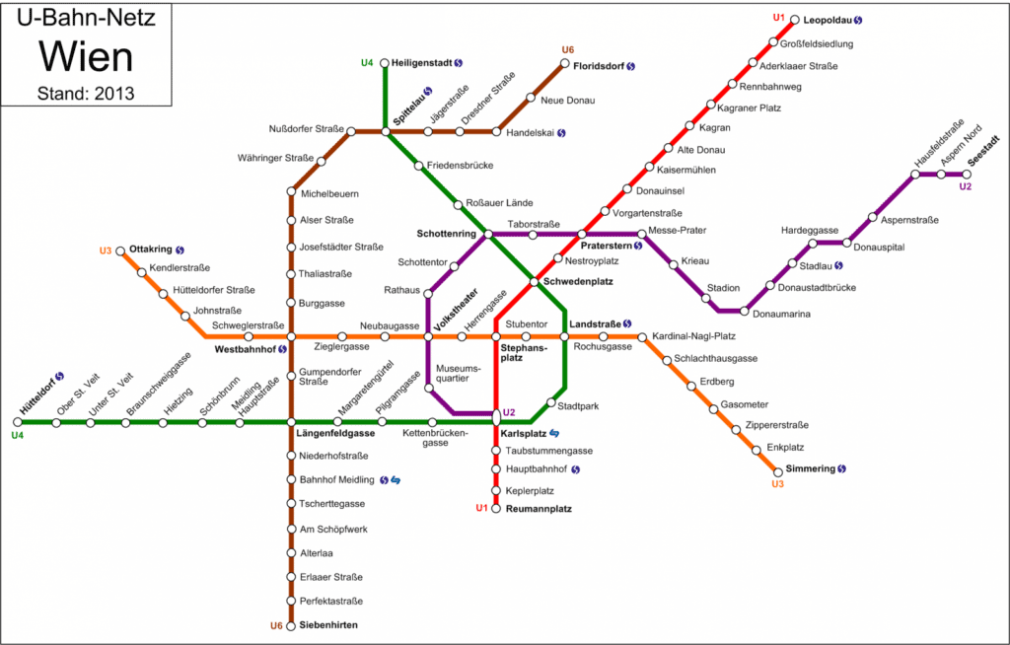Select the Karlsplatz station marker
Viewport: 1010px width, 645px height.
496,418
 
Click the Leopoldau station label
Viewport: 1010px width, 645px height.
827,20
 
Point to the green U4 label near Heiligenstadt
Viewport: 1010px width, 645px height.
367,63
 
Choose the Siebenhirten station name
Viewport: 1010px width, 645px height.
328,625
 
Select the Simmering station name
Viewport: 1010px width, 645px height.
810,468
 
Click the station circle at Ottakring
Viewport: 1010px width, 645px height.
120,251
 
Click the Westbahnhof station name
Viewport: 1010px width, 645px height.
245,349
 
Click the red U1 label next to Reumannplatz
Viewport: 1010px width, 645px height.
481,508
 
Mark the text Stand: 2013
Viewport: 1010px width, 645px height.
86,95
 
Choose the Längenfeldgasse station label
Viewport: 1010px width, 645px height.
335,433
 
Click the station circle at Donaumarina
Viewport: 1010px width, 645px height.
746,311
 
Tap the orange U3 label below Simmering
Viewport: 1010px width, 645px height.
777,484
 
